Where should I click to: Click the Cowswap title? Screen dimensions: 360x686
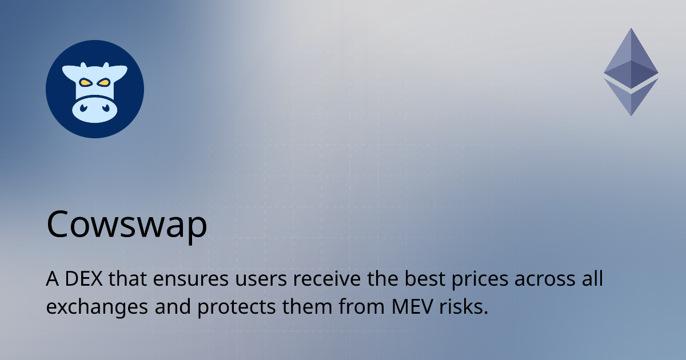coord(126,225)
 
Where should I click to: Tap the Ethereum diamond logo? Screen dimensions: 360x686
coord(631,71)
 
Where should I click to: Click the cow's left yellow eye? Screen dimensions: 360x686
coord(85,83)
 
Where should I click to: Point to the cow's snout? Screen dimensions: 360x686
coord(94,109)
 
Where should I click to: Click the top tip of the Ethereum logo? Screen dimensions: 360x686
coord(631,30)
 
